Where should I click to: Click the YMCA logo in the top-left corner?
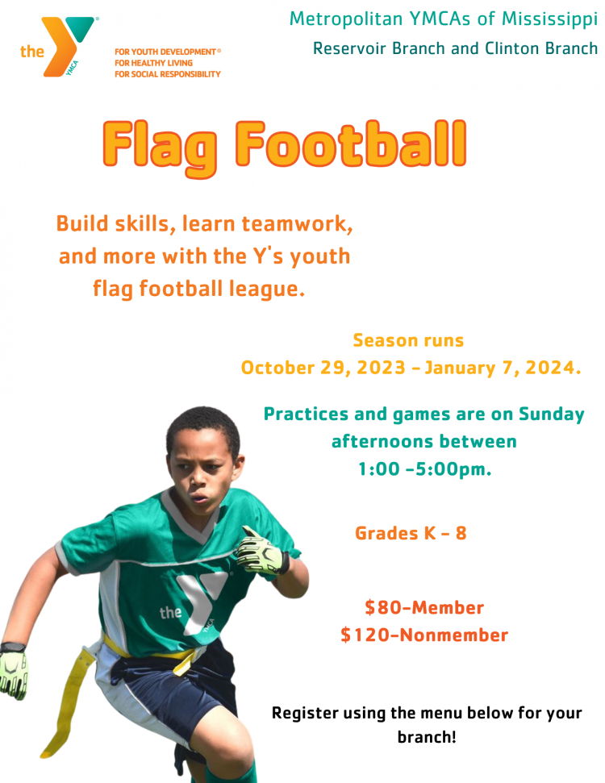click(x=57, y=47)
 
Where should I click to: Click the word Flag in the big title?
click(x=161, y=148)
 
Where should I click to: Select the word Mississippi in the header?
click(x=549, y=19)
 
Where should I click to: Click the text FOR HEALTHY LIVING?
click(x=153, y=63)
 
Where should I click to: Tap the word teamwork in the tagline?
click(x=297, y=223)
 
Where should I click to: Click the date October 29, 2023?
click(x=323, y=368)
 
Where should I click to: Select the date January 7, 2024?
click(x=503, y=368)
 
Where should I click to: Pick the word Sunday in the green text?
click(x=552, y=415)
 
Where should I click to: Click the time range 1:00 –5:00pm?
click(x=424, y=469)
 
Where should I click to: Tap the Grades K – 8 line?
click(x=411, y=533)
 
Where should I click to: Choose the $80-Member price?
click(x=424, y=608)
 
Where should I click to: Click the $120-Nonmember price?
click(x=424, y=635)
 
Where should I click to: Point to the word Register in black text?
click(x=305, y=714)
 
